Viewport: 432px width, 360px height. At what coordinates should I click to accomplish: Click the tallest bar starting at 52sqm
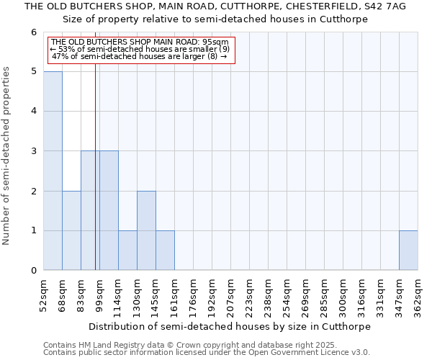pos(53,171)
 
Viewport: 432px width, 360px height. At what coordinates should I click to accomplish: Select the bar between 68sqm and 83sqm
pos(71,230)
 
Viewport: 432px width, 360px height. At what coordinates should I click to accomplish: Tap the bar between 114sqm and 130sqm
pos(127,251)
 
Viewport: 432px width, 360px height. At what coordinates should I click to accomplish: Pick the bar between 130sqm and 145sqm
pos(146,230)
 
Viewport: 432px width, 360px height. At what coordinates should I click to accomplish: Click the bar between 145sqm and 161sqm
pos(165,251)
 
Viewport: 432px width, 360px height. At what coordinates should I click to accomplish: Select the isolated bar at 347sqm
pos(408,251)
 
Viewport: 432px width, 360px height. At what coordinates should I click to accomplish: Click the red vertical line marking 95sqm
pos(95,180)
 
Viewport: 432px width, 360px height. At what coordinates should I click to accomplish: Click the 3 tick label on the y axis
pos(33,151)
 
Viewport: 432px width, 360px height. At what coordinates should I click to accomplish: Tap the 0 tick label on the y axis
pos(33,271)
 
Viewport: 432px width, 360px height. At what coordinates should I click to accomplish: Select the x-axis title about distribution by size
pos(230,326)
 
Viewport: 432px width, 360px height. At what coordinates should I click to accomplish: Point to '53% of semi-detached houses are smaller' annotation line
pos(140,49)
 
